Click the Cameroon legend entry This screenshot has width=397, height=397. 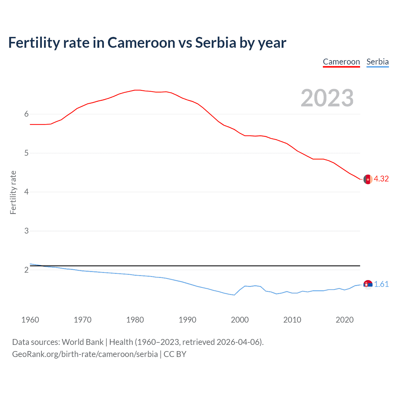[341, 62]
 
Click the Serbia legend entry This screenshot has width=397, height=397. [377, 62]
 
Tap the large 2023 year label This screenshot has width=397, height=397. [327, 98]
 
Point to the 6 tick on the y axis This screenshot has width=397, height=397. [26, 114]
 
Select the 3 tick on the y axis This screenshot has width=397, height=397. [26, 231]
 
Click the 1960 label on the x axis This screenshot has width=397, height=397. [30, 320]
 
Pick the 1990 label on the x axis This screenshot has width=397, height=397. [187, 320]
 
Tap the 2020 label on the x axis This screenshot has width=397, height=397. [345, 320]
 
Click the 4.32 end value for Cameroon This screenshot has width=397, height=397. [381, 179]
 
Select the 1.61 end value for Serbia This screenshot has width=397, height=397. [381, 284]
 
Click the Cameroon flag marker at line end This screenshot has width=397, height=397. [368, 179]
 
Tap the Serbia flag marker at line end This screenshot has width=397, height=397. [368, 284]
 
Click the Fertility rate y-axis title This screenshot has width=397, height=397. [13, 192]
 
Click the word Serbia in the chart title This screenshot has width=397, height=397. [216, 43]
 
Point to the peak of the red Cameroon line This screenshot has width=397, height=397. [137, 90]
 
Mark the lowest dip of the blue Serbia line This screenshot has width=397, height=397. [234, 295]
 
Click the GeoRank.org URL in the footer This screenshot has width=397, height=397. [85, 354]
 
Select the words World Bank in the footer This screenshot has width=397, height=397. [83, 342]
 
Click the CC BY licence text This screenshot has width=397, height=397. [175, 354]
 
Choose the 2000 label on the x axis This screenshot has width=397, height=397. [240, 320]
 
